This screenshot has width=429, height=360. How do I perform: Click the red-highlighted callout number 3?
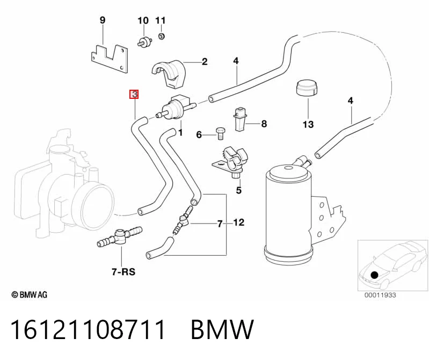click(134, 94)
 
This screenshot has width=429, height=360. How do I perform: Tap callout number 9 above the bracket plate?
click(103, 20)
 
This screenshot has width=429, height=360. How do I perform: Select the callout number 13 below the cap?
click(308, 124)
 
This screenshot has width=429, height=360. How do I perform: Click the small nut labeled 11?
click(162, 36)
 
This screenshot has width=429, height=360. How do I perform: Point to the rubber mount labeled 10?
click(145, 42)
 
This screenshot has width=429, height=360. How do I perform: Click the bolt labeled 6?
click(220, 133)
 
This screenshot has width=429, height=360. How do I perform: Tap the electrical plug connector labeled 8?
click(240, 119)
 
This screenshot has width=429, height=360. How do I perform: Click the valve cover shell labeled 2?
click(168, 73)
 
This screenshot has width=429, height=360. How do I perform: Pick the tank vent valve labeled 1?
click(176, 107)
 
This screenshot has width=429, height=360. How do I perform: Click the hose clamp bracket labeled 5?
click(230, 162)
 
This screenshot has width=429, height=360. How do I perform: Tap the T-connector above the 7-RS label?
click(120, 236)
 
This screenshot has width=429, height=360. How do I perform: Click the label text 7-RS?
click(123, 272)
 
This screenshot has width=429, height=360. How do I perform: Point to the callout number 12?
click(238, 222)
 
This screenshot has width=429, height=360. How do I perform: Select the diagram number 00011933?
click(380, 295)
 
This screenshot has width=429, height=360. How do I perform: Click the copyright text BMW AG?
click(30, 295)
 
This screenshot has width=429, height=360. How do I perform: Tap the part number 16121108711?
click(88, 329)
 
